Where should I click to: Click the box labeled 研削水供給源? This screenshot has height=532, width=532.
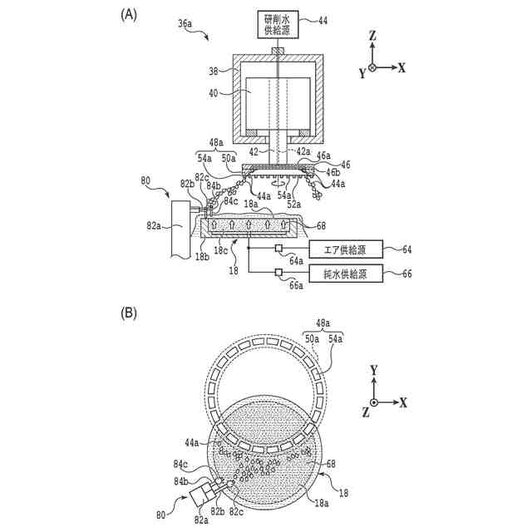coord(278,24)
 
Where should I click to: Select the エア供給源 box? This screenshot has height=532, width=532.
coord(346,249)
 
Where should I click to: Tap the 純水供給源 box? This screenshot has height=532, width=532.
coord(346,273)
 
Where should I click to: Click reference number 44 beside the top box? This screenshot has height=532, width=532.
coord(323,21)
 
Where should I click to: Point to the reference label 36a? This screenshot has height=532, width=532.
coord(185,23)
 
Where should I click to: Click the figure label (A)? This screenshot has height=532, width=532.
coord(129,15)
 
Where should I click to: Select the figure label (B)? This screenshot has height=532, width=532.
coord(129,313)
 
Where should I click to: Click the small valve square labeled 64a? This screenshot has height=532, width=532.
coord(278,249)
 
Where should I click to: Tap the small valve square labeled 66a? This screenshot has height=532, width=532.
coord(278,272)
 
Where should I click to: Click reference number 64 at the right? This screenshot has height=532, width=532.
coord(406,249)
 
